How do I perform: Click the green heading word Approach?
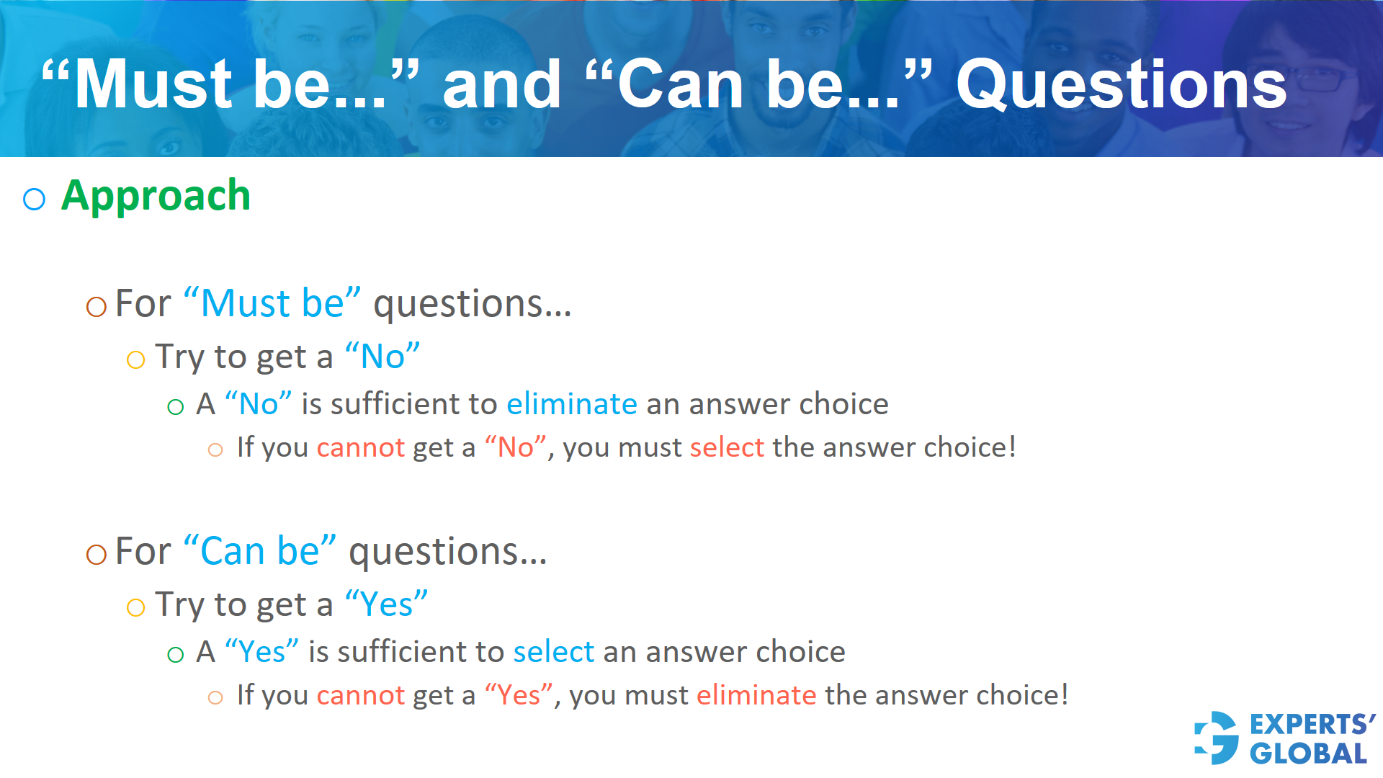tap(156, 196)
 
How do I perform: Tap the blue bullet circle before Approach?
tap(34, 199)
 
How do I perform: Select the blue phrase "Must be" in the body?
tap(272, 303)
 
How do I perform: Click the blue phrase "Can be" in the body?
tap(260, 551)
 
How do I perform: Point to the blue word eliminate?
tap(571, 404)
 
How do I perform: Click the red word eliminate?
tap(756, 695)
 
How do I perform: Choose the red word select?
tap(726, 447)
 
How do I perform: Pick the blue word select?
tap(553, 652)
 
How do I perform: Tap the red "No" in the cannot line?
tap(515, 447)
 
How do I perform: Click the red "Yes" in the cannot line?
tap(519, 695)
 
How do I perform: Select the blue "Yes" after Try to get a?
tap(386, 604)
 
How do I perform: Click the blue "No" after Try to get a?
tap(382, 356)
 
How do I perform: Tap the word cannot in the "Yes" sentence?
tap(360, 695)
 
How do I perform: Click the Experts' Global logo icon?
tap(1217, 738)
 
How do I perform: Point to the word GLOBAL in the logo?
tap(1308, 754)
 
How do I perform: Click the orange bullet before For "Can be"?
tap(96, 554)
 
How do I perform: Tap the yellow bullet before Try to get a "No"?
tap(135, 359)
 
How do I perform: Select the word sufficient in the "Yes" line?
tap(406, 652)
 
